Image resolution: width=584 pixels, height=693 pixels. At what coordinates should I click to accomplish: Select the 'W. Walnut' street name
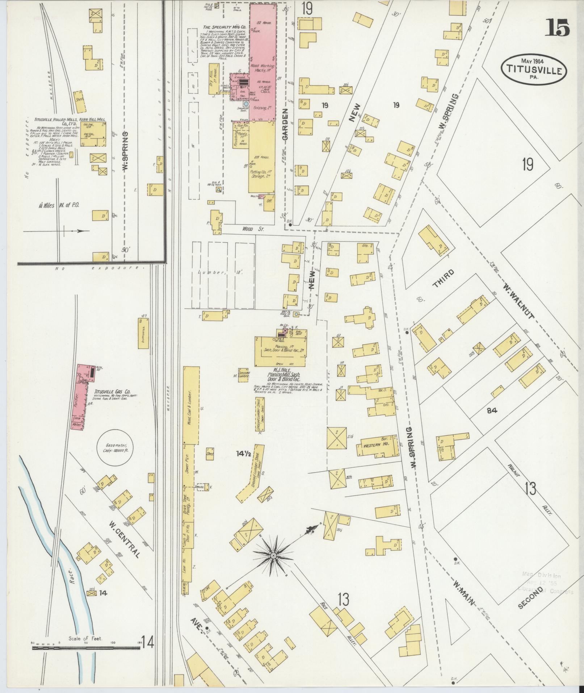pyautogui.click(x=518, y=301)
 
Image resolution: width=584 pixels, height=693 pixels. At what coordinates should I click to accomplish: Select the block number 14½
pyautogui.click(x=243, y=453)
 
